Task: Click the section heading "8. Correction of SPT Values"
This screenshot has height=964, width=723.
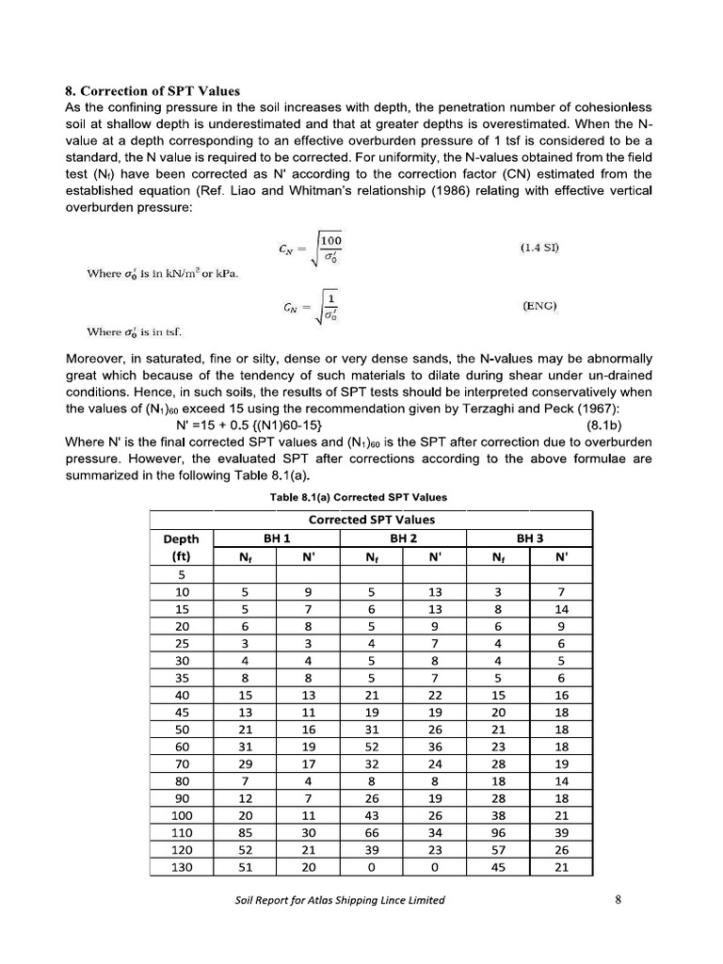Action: tap(153, 91)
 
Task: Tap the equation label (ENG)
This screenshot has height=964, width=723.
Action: tap(540, 306)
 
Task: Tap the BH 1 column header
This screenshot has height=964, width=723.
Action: tap(276, 538)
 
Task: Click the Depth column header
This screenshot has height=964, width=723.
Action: tap(182, 538)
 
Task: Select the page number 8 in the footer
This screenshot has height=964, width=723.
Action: tap(618, 899)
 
